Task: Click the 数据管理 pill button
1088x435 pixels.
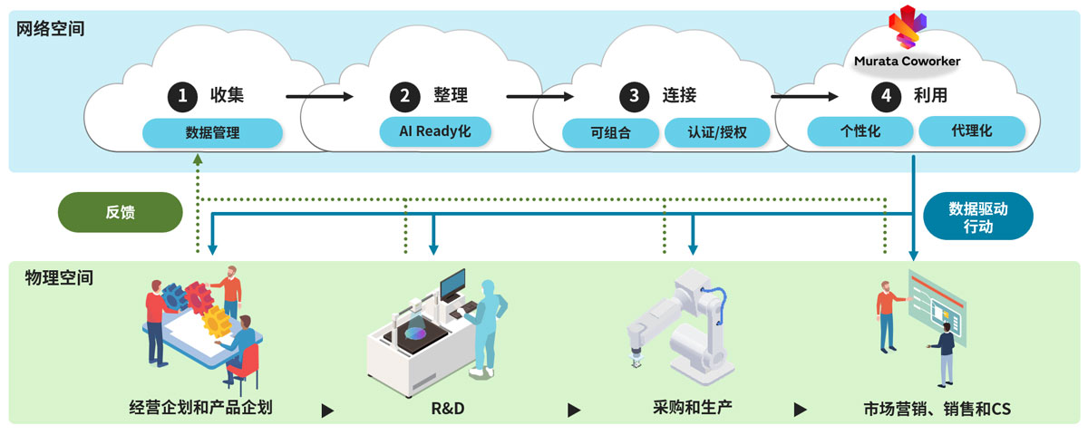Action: point(212,132)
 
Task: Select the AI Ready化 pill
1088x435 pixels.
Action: point(435,130)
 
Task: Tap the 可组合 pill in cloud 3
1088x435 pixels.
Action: point(610,133)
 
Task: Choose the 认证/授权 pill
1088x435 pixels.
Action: point(717,133)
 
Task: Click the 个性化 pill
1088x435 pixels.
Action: point(860,130)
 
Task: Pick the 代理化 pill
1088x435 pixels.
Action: point(972,130)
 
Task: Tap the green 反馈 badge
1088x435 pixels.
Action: point(120,212)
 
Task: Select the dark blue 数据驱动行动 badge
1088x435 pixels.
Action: point(977,217)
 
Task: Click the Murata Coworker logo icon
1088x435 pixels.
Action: point(907,27)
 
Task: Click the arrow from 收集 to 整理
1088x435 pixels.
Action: point(318,95)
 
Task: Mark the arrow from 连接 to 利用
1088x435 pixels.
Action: point(803,95)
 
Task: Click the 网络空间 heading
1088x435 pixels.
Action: point(51,28)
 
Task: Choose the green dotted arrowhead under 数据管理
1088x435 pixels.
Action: point(198,159)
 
